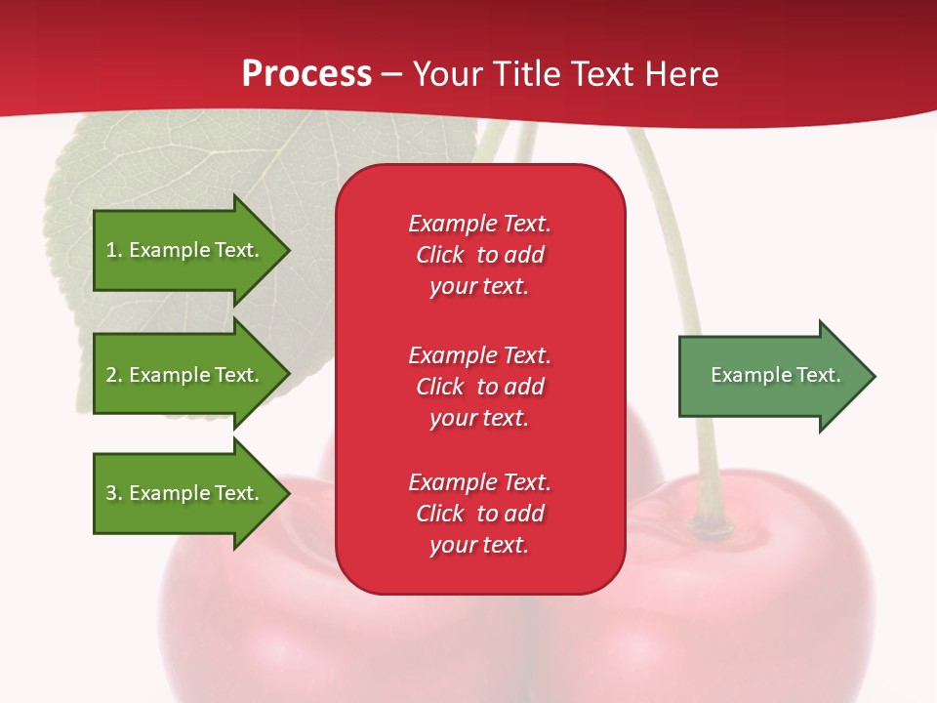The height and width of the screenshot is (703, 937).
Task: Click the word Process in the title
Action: coord(306,74)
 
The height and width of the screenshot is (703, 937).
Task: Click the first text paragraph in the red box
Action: coord(479,255)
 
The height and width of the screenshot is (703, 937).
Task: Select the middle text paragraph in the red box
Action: coord(479,387)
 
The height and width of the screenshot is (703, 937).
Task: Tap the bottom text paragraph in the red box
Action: coord(479,514)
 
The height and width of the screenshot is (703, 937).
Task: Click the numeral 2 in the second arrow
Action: coord(111,375)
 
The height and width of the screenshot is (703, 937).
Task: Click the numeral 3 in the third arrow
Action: coord(111,493)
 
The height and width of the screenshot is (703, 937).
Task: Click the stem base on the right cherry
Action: coord(711,525)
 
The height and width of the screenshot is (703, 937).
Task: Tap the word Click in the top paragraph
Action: coord(440,255)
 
